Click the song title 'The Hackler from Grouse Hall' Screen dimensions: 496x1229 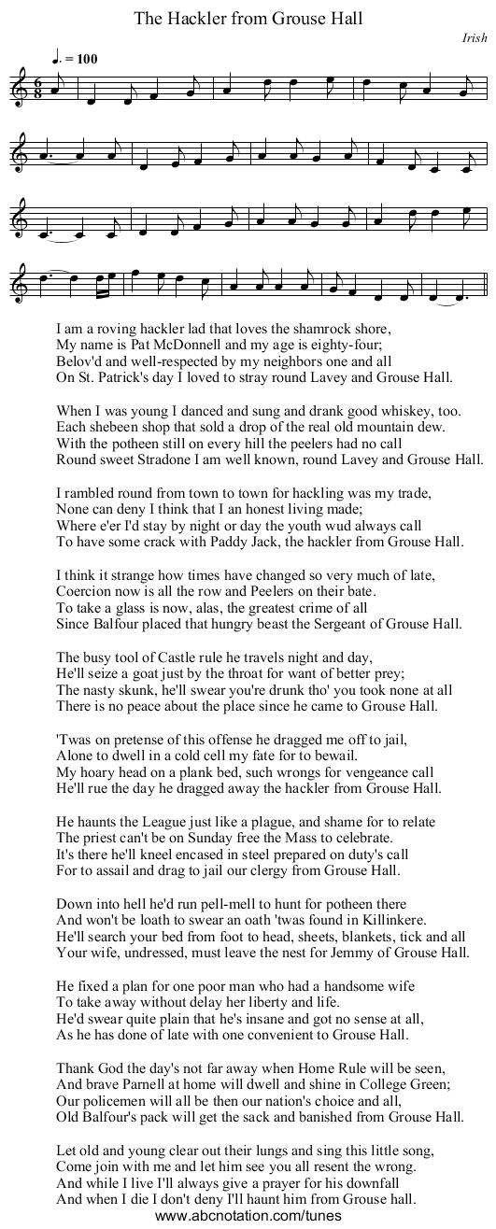[248, 18]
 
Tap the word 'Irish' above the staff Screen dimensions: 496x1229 [475, 38]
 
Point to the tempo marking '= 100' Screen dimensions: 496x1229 [81, 59]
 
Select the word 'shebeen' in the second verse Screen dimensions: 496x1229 [112, 427]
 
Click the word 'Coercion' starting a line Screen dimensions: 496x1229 [84, 591]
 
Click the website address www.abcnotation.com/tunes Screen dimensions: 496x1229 [248, 1216]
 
